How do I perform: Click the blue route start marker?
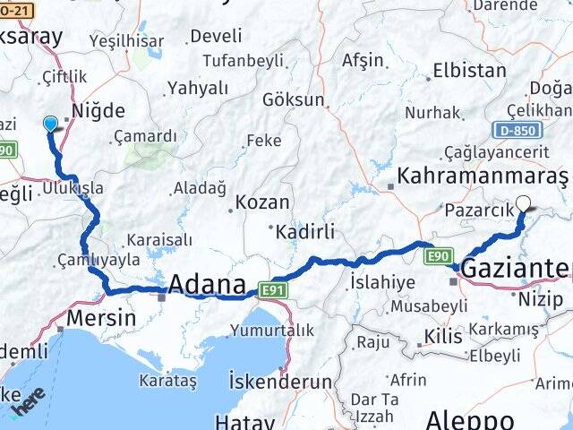(49, 125)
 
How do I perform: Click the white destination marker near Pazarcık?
(523, 203)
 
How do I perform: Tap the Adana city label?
(207, 285)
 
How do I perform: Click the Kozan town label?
(262, 202)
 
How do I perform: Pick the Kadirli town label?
(305, 232)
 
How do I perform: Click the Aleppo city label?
(469, 419)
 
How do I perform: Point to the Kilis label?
(445, 337)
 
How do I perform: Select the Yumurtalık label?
(271, 331)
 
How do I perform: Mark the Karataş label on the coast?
(167, 381)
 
